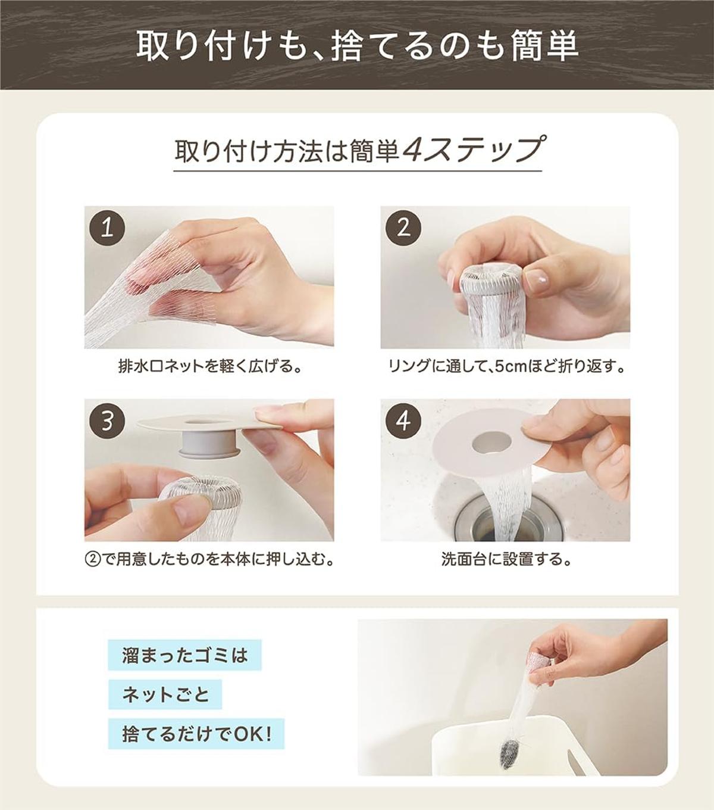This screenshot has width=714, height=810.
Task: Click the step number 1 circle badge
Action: [x=108, y=229]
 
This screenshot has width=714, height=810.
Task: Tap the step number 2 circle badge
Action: [x=403, y=229]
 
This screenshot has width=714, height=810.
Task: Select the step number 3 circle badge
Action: [x=108, y=422]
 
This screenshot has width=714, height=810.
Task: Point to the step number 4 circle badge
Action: [x=403, y=422]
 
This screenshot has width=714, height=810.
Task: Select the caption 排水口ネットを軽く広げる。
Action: [x=209, y=366]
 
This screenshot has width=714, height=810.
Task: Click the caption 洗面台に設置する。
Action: [x=506, y=559]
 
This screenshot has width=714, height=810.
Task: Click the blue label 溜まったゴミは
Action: [x=185, y=655]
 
